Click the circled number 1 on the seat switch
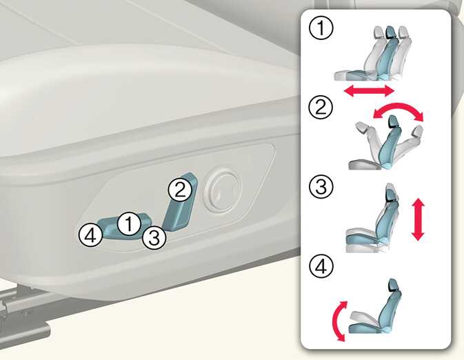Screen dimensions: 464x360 [129, 224]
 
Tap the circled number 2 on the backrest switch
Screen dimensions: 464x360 [180, 190]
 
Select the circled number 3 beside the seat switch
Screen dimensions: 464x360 [154, 237]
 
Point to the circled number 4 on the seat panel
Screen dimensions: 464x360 [90, 236]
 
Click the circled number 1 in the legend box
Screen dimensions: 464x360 [321, 28]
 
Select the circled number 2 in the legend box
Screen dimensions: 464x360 [321, 107]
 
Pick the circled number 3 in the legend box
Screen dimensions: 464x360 [321, 186]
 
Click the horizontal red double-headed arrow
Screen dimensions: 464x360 [369, 90]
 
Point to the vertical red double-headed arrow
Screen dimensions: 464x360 [418, 219]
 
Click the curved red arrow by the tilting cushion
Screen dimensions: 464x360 [336, 321]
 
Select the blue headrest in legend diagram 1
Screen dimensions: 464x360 [391, 32]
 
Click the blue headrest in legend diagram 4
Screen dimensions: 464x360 [393, 285]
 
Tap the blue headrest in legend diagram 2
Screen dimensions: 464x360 [394, 121]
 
